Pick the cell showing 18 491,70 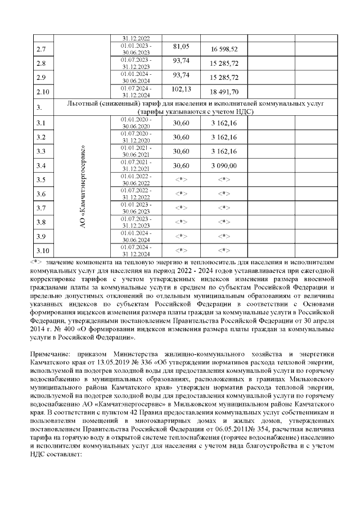coord(224,92)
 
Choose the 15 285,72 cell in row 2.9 coord(224,78)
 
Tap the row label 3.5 coord(40,180)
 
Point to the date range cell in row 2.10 coord(137,92)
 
